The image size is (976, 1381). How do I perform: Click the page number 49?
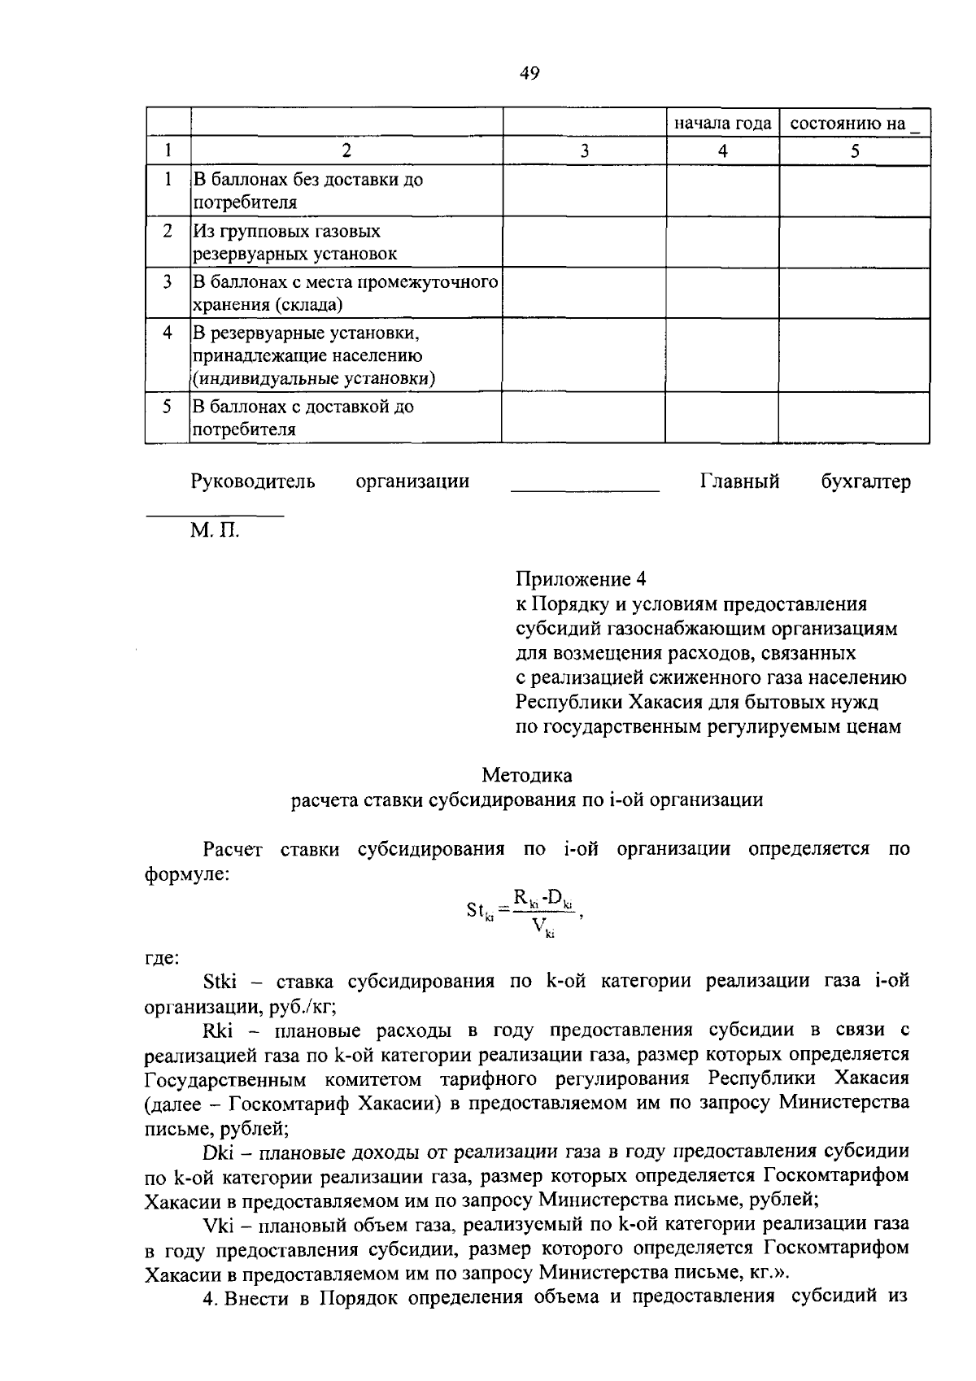[x=529, y=74]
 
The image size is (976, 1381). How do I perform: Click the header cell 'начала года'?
[x=722, y=124]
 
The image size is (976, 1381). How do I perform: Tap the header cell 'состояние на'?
[x=855, y=124]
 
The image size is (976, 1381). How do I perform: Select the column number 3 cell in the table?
[x=584, y=151]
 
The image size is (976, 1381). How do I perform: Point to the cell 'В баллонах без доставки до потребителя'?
[x=307, y=190]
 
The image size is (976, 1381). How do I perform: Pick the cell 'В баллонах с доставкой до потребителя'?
[x=303, y=417]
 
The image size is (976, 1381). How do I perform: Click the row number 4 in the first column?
[x=168, y=333]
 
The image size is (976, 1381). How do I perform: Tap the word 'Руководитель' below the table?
[x=253, y=481]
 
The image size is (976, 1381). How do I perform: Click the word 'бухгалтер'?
[x=865, y=481]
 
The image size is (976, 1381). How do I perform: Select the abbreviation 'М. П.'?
[x=216, y=533]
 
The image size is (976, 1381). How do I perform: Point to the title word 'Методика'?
[x=527, y=775]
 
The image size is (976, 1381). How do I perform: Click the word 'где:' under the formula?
[x=162, y=958]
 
